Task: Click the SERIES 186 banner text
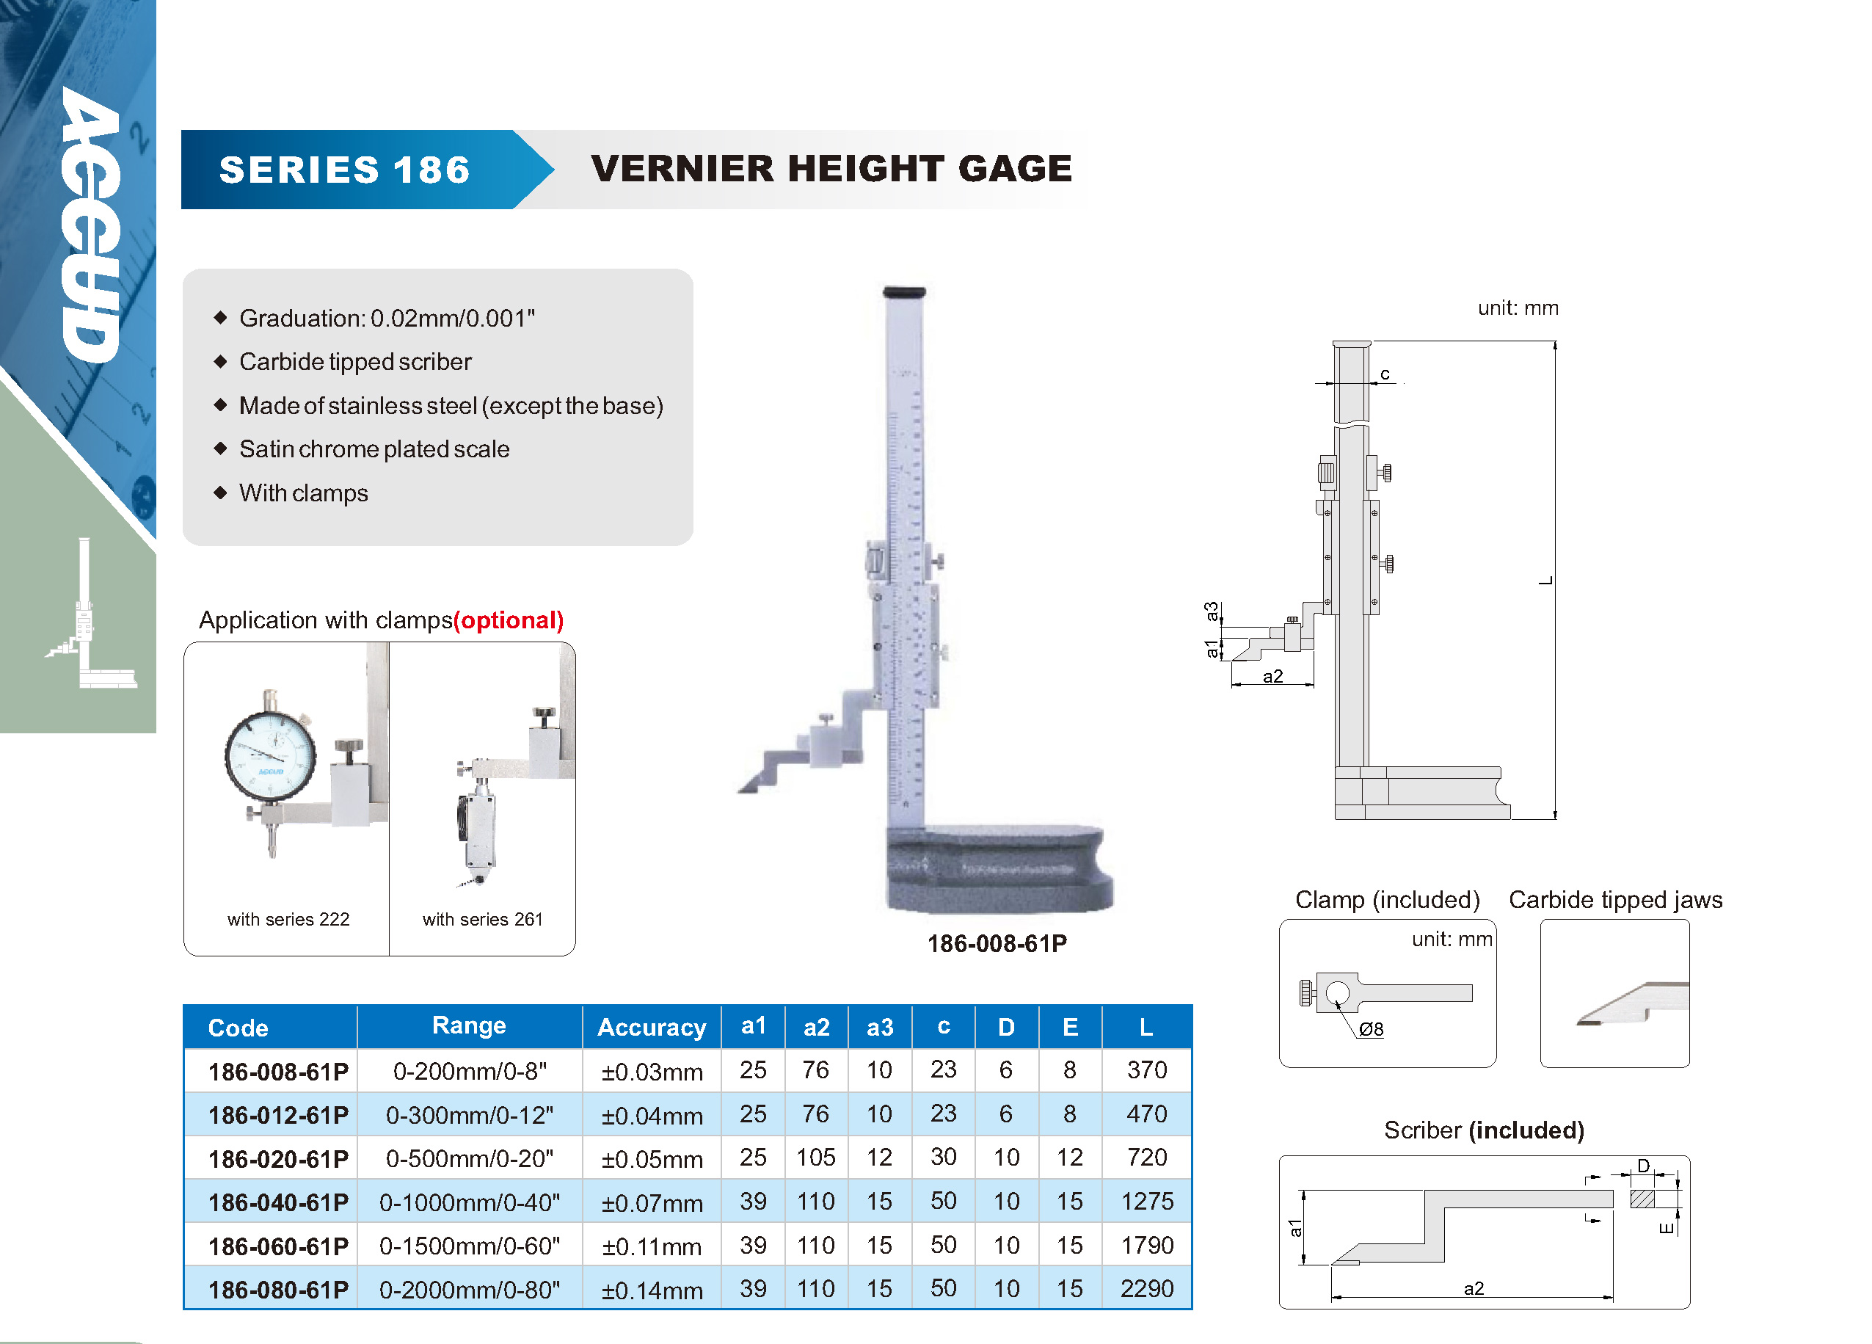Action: click(x=344, y=170)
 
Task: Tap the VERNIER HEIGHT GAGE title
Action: click(x=831, y=168)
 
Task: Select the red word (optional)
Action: click(x=509, y=620)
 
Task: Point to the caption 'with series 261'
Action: click(x=483, y=919)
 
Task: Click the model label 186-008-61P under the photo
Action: click(x=997, y=944)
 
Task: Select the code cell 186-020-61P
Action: click(x=278, y=1159)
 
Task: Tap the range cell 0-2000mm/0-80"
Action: click(x=470, y=1290)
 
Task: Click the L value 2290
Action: click(x=1146, y=1289)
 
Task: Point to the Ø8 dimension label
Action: click(x=1371, y=1028)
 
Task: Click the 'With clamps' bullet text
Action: click(x=304, y=493)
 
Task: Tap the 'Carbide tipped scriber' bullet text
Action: click(x=356, y=362)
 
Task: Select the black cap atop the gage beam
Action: click(x=905, y=291)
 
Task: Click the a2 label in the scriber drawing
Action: click(x=1474, y=1288)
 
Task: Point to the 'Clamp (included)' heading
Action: click(x=1388, y=899)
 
